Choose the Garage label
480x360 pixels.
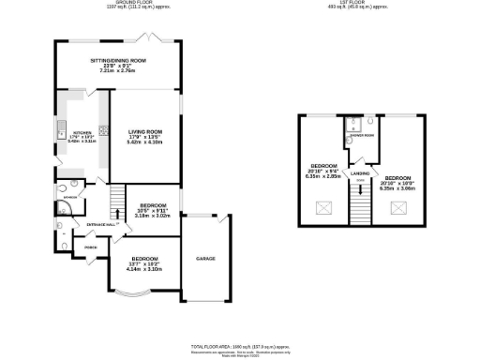[x=206, y=257]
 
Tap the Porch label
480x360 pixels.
[x=92, y=247]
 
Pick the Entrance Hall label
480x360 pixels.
[x=101, y=225]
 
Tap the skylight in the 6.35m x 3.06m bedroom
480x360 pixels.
[x=397, y=205]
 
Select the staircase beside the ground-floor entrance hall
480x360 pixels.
[x=117, y=200]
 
